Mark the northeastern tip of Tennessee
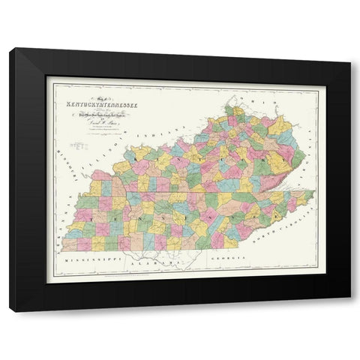(x=313, y=191)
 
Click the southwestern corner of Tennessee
(x=63, y=250)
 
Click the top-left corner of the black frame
(x=11, y=49)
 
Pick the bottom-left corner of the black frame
(x=10, y=310)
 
